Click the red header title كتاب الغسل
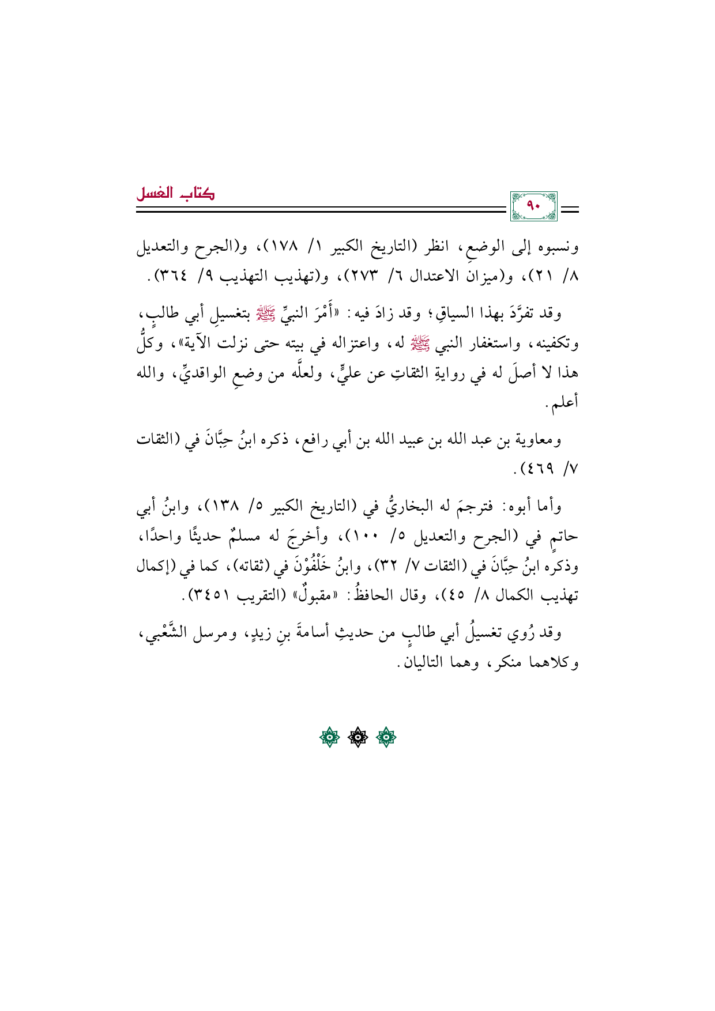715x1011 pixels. coord(175,194)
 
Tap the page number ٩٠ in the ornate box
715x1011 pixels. coord(534,206)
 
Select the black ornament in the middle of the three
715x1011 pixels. coord(357,737)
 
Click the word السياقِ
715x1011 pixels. coord(432,314)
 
